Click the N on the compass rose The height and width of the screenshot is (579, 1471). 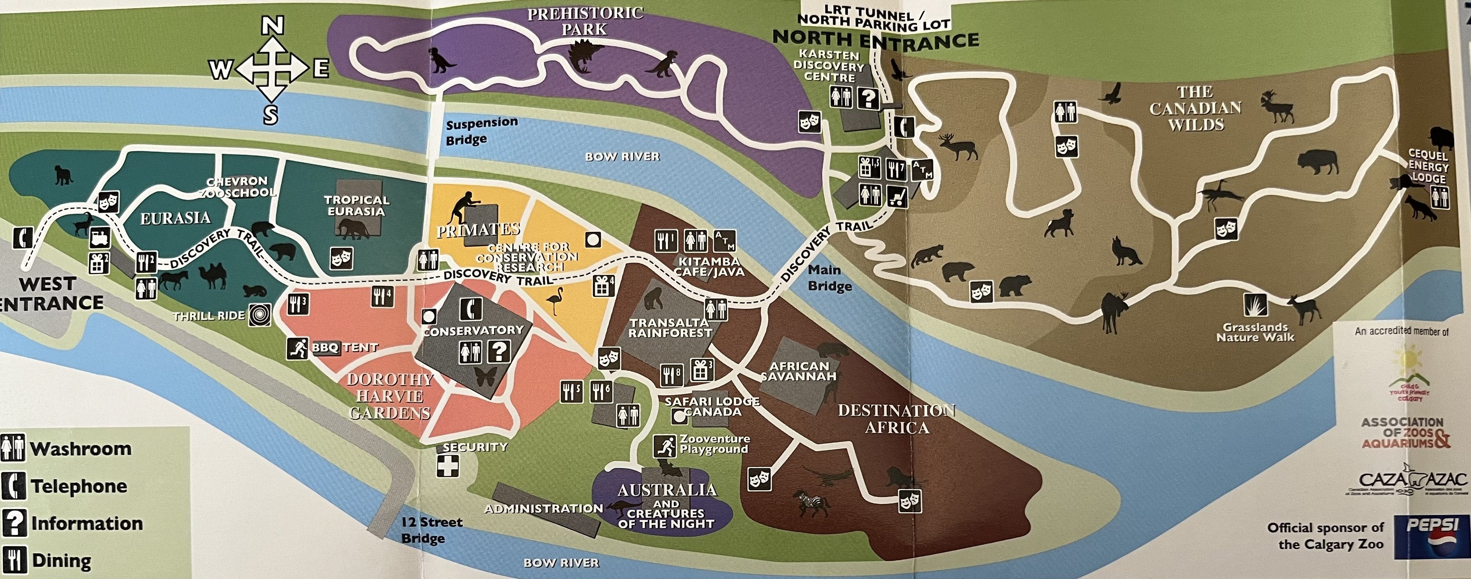[x=273, y=26]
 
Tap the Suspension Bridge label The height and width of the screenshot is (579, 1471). [x=482, y=131]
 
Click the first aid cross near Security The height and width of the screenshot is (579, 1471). [x=448, y=466]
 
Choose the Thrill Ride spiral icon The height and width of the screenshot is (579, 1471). [x=260, y=316]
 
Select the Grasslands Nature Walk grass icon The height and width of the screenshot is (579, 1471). [x=1255, y=305]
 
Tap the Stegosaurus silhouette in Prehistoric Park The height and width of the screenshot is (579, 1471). [x=586, y=57]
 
